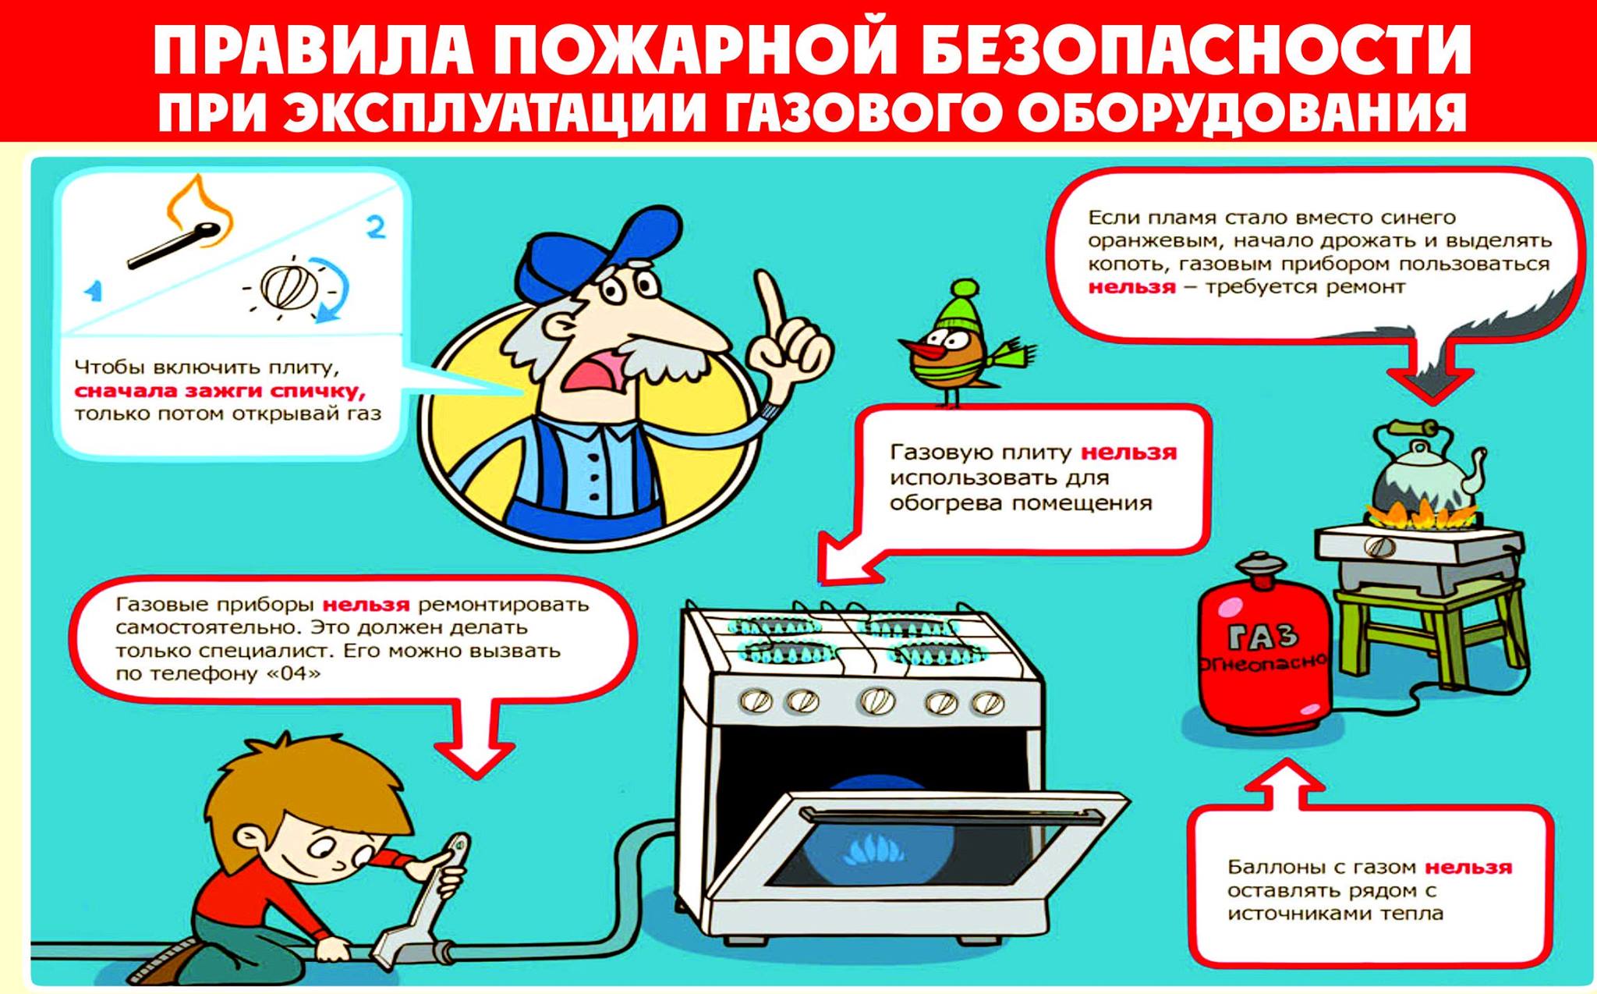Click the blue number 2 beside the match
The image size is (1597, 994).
(x=377, y=227)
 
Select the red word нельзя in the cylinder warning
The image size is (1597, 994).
(x=1468, y=867)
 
